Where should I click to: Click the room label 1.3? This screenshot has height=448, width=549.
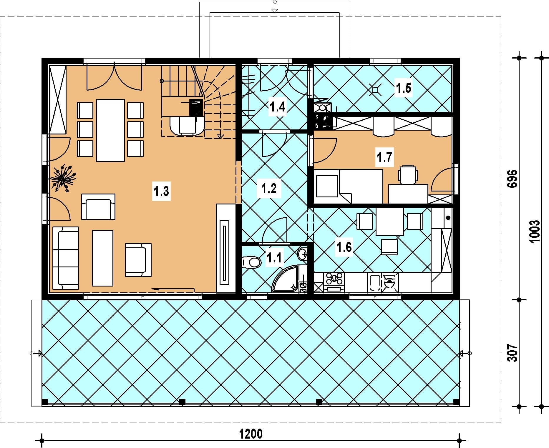(162, 191)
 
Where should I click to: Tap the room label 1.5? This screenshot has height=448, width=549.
(403, 88)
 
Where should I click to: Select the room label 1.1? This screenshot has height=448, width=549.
(274, 258)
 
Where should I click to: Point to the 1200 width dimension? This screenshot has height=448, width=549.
(251, 434)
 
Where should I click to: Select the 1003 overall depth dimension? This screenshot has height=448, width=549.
(535, 231)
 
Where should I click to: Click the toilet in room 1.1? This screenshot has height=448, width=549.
(252, 262)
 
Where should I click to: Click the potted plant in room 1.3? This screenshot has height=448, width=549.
(63, 179)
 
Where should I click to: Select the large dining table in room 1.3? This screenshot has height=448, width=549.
(110, 130)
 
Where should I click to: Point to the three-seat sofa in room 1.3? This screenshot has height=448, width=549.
(66, 258)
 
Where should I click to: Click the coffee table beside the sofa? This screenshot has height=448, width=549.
(102, 258)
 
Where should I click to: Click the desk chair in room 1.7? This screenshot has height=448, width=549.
(408, 174)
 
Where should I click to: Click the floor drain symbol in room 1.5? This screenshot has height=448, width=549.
(376, 89)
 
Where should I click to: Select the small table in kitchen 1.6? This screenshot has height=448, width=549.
(390, 221)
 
